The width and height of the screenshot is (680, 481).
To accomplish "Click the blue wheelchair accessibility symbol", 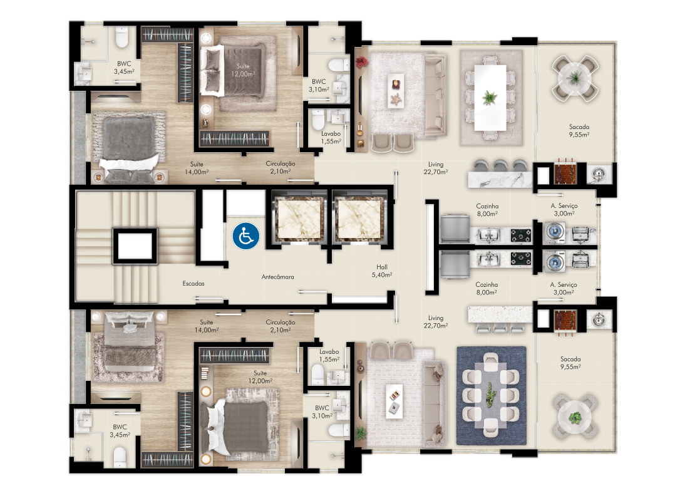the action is click(x=246, y=236).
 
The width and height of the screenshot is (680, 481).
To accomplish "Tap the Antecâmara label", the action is click(x=277, y=277).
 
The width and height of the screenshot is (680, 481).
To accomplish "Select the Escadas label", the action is click(x=193, y=283).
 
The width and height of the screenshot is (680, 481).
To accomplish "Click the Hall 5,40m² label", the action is click(x=382, y=271).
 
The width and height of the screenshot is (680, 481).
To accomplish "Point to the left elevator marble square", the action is click(x=299, y=219).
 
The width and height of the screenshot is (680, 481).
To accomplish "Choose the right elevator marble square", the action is click(x=359, y=219).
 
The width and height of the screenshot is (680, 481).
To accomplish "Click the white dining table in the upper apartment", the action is click(x=490, y=98).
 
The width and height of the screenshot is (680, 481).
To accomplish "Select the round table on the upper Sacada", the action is click(x=575, y=78).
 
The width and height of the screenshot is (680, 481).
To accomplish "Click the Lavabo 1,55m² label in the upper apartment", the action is click(x=331, y=138).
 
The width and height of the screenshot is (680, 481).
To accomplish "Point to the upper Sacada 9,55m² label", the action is click(x=579, y=130).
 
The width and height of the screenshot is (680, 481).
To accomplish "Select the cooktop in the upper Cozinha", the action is click(x=521, y=235).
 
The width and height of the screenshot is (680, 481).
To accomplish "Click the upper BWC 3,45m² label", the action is click(x=124, y=67).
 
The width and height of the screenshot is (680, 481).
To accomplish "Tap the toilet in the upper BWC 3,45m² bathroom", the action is click(x=122, y=38).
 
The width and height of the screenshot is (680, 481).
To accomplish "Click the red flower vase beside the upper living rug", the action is click(x=361, y=62).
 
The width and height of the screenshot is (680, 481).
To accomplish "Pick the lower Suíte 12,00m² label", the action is click(x=260, y=377).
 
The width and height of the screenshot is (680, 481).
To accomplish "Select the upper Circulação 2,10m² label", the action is click(x=280, y=167).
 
